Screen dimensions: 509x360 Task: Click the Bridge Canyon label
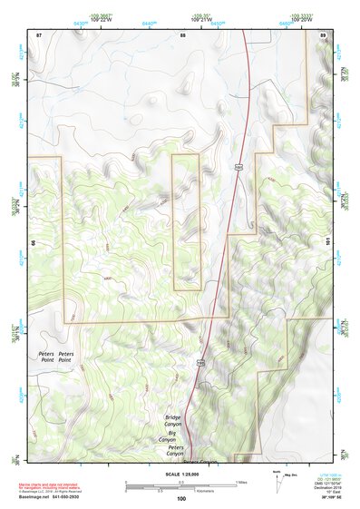tap(172, 421)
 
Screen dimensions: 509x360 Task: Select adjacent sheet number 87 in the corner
tap(39, 34)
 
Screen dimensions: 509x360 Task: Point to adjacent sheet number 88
tap(182, 34)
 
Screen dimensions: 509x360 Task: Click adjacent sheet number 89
tap(323, 34)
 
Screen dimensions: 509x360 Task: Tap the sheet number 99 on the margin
tap(34, 243)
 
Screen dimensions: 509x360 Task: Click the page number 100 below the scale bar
tap(181, 498)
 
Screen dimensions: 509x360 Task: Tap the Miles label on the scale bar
tap(240, 482)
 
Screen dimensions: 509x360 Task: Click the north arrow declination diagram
tap(277, 478)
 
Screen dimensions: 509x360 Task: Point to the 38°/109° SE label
tap(321, 498)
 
